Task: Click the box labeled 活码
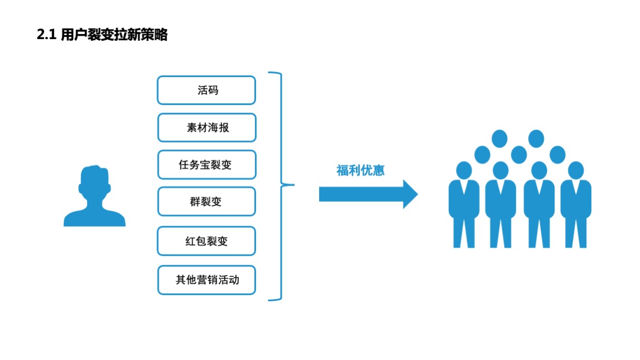(x=206, y=90)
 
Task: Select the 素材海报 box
(x=207, y=127)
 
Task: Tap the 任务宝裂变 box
(x=207, y=165)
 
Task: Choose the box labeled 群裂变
(x=206, y=202)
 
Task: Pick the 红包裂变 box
(x=206, y=241)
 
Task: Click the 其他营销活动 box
(x=206, y=280)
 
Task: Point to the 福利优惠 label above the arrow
(x=360, y=170)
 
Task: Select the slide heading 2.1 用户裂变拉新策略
(x=102, y=35)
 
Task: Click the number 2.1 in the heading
(x=46, y=35)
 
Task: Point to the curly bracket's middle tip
(x=292, y=185)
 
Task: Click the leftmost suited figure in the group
(x=464, y=204)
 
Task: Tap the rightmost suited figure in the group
(x=576, y=204)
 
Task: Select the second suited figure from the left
(x=501, y=204)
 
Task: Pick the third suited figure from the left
(x=539, y=204)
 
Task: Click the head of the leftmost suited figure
(x=464, y=169)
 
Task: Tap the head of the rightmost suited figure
(x=576, y=169)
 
